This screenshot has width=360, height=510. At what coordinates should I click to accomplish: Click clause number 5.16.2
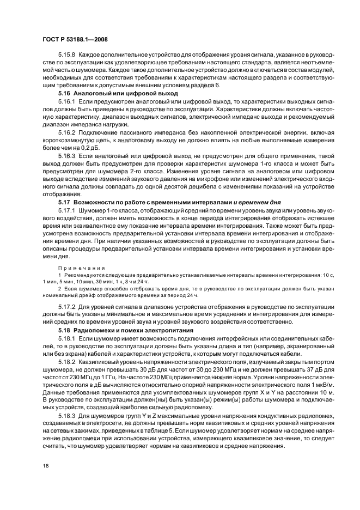tap(67, 132)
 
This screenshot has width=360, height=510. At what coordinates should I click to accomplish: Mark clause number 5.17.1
tap(67, 210)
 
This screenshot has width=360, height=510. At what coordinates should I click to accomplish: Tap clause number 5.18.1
tap(67, 338)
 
